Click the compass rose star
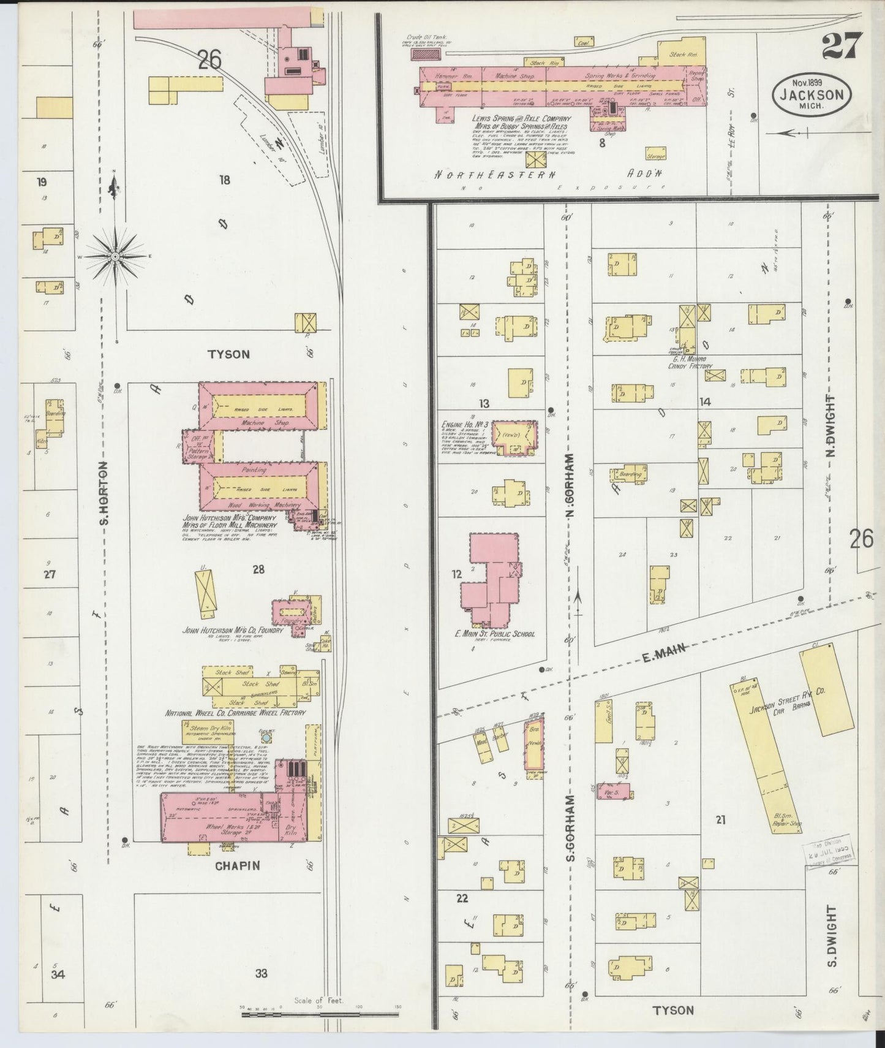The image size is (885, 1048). [x=115, y=257]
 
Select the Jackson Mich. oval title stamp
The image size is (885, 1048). [x=812, y=96]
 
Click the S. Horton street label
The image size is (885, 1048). [x=104, y=493]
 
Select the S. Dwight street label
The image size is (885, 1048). [x=831, y=944]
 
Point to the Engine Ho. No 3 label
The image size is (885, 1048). [x=464, y=423]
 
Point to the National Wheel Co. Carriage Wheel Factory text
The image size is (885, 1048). [x=235, y=713]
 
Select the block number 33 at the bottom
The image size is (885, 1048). [x=262, y=973]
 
